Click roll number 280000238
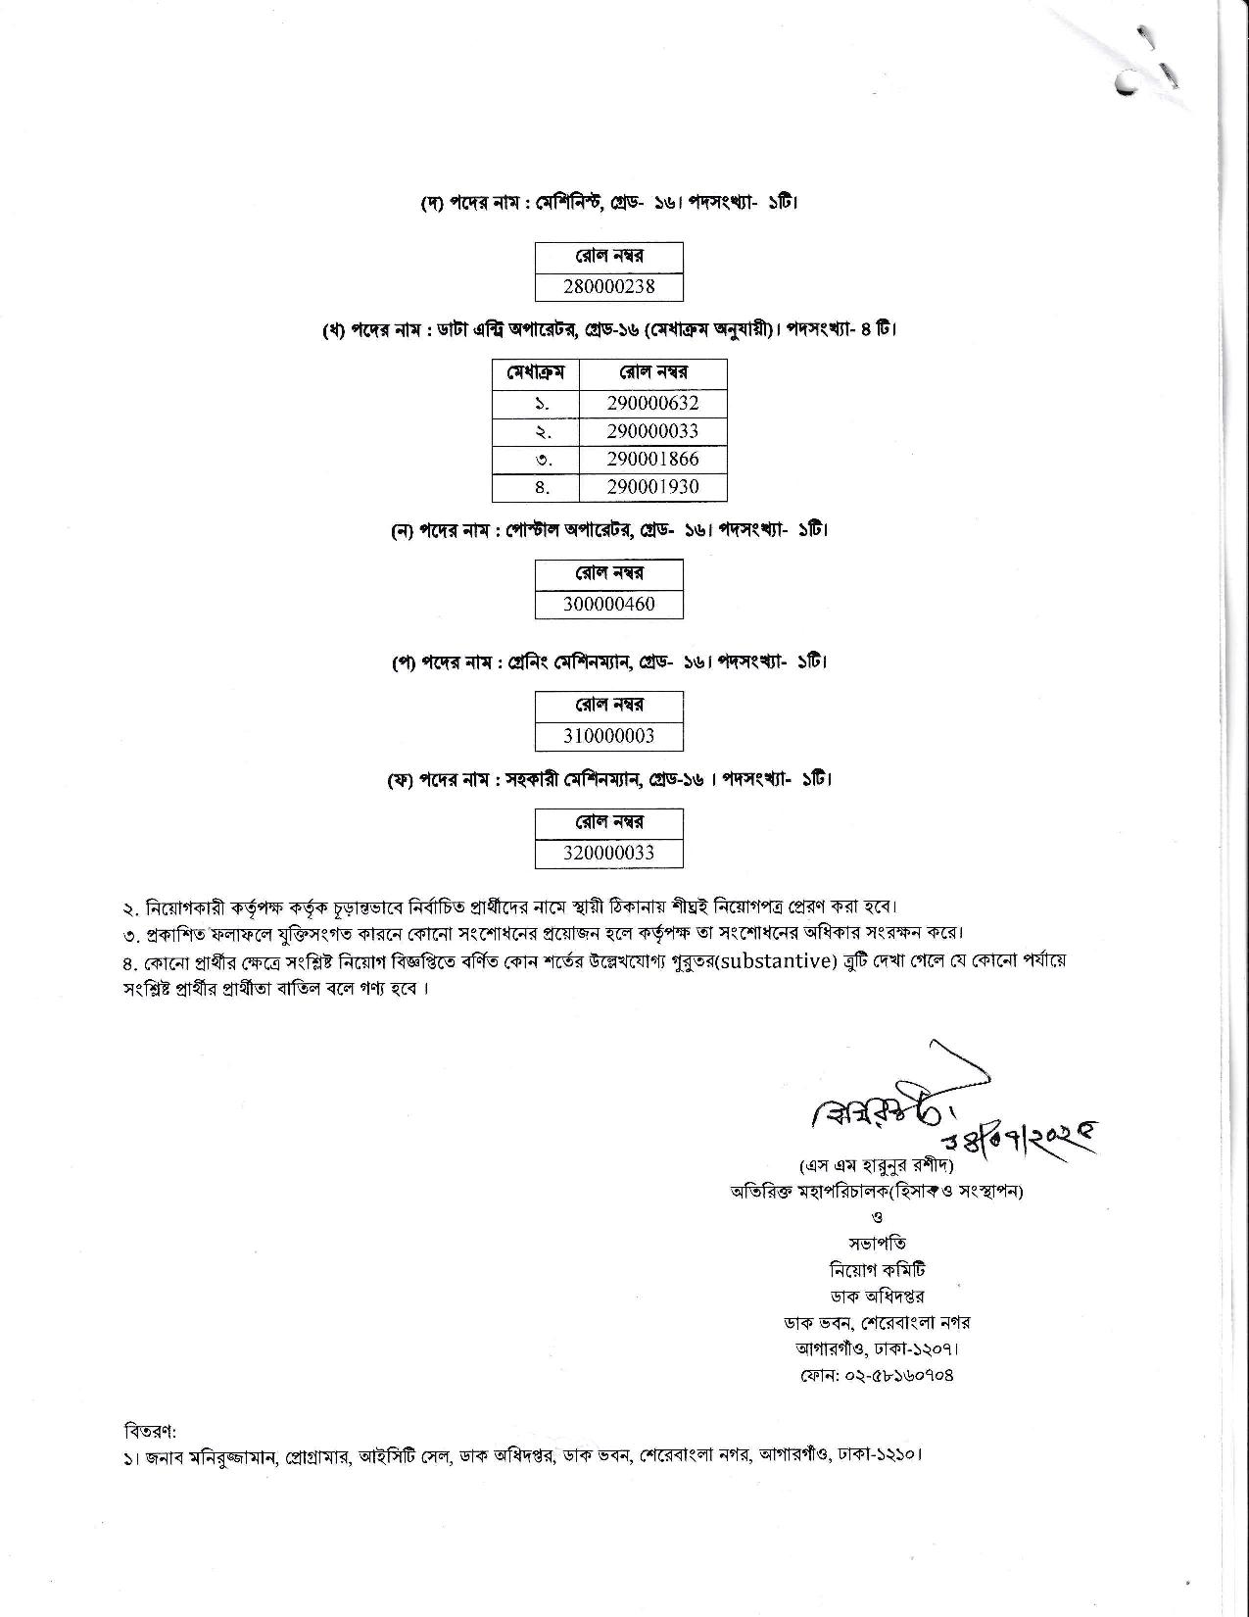point(608,287)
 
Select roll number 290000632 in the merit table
point(652,403)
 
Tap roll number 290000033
point(652,431)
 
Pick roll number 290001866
point(652,460)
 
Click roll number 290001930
point(652,487)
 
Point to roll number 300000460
point(608,604)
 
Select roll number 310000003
point(608,736)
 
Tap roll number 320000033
point(608,853)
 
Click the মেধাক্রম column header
point(535,373)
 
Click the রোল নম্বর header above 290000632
point(652,373)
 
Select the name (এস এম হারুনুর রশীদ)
point(877,1166)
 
